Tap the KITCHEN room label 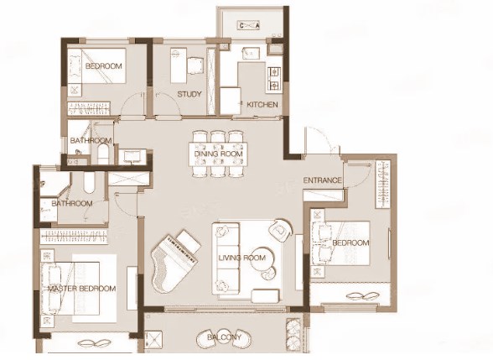tap(262, 104)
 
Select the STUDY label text tap(189, 94)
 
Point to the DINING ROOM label tap(219, 154)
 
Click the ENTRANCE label tap(322, 180)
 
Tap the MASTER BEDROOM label tap(82, 289)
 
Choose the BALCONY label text tap(224, 337)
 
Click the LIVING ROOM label tap(242, 258)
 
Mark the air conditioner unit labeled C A tap(249, 25)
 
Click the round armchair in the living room tap(281, 231)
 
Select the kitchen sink tap(251, 53)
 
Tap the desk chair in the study tap(195, 65)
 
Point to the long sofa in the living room tap(226, 258)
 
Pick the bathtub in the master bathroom tap(89, 183)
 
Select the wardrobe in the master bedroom tap(74, 237)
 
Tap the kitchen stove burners tap(274, 78)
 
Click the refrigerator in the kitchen tap(231, 101)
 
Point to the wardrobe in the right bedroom tap(383, 185)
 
